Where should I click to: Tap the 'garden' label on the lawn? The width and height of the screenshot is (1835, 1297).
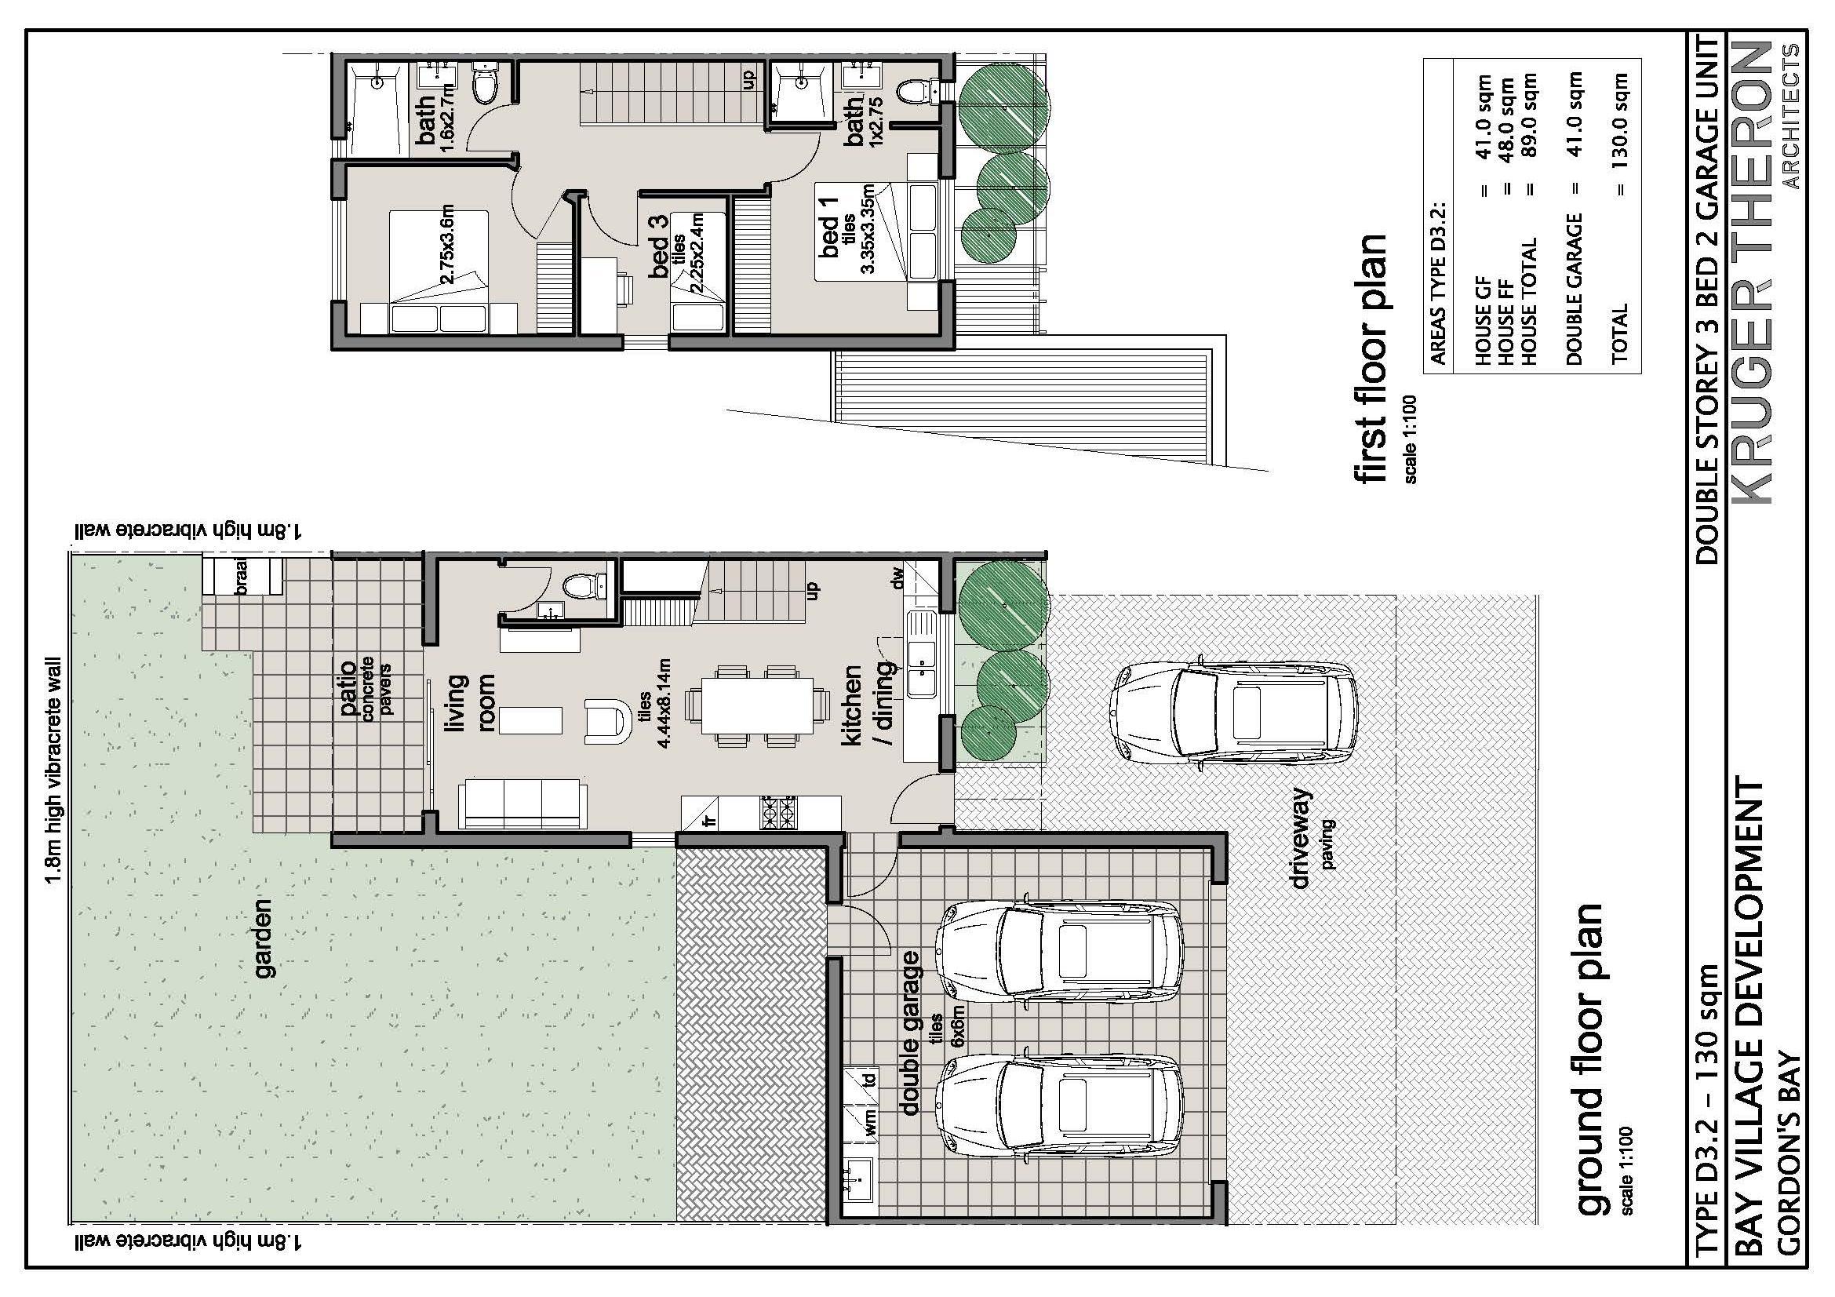pos(263,938)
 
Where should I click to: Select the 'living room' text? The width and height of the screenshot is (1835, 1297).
pos(469,703)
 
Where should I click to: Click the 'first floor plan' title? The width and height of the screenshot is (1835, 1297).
pos(1368,359)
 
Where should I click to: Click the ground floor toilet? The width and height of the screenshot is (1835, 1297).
pos(588,588)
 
